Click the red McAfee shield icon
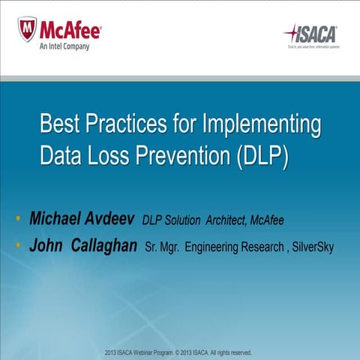27,29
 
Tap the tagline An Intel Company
64,46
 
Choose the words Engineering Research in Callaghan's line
232,247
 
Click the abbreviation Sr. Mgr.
161,247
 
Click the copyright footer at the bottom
180,352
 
